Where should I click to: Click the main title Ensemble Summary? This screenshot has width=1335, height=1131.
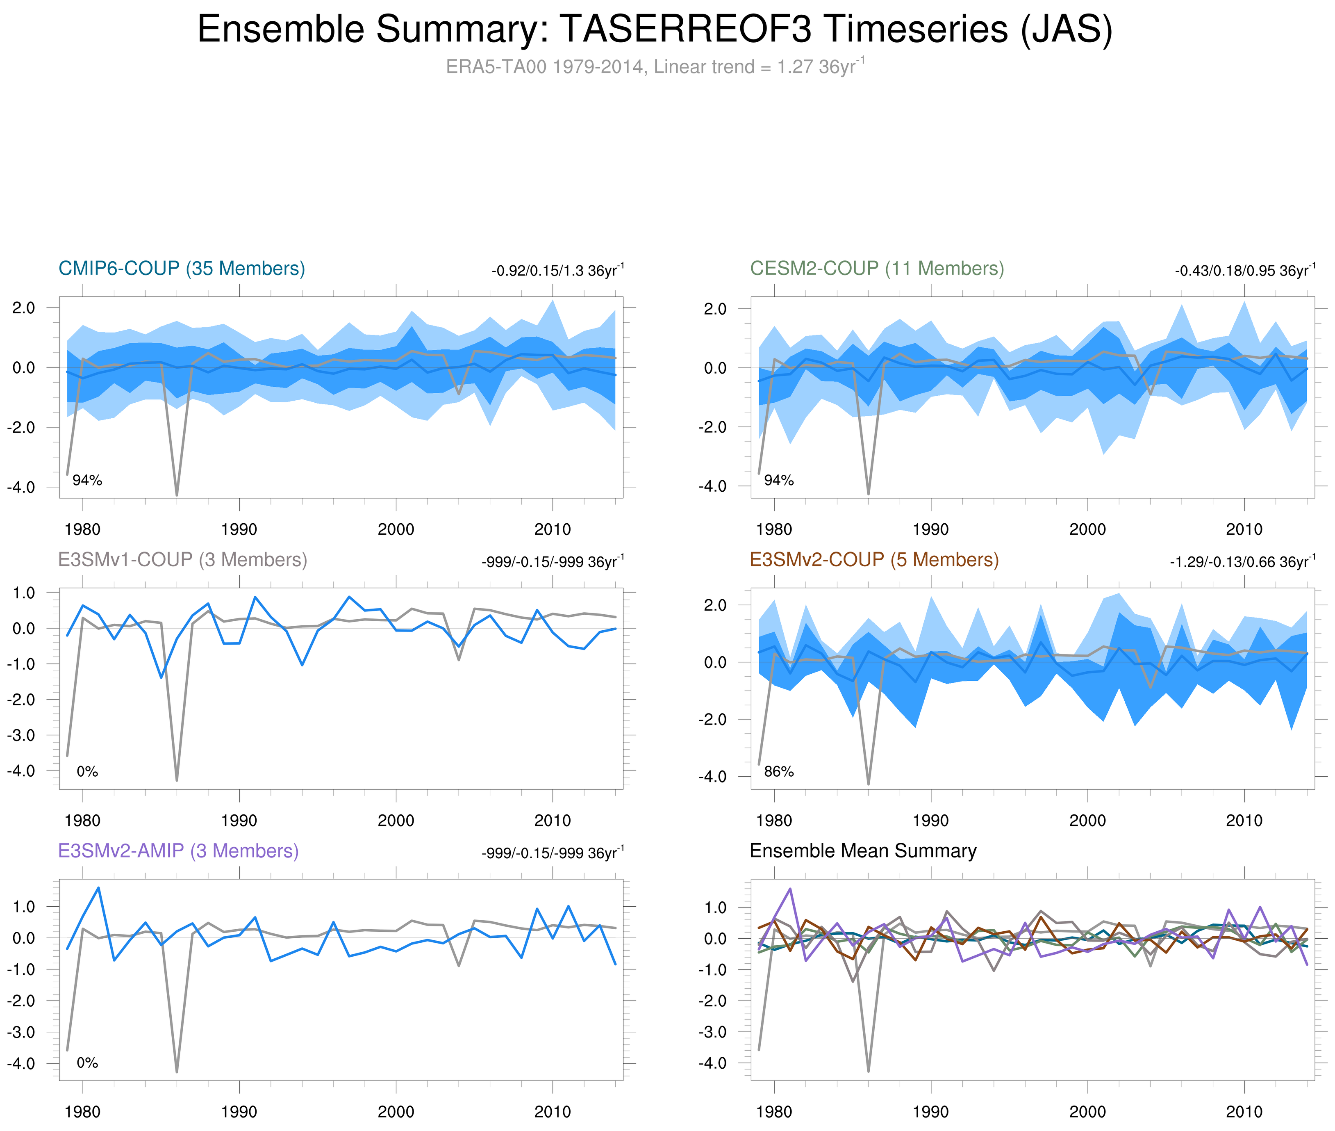click(x=654, y=30)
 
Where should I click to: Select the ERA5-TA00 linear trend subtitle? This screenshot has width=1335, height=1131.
click(x=654, y=67)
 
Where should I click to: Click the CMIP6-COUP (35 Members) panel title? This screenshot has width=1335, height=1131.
click(x=182, y=269)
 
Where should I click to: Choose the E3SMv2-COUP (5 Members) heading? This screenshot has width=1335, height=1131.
click(x=873, y=560)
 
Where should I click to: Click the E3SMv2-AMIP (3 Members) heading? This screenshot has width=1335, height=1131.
click(x=178, y=851)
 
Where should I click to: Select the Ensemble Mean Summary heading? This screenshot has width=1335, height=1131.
click(x=863, y=851)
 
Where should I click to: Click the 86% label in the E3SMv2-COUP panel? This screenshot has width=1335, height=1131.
click(x=779, y=771)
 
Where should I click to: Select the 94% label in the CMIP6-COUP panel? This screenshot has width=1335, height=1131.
click(x=87, y=480)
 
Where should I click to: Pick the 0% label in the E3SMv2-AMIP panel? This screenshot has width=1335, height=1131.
click(x=87, y=1063)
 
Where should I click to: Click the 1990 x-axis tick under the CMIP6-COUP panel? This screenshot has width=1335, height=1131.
click(x=239, y=529)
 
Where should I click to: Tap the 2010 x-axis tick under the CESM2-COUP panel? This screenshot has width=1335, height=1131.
click(x=1244, y=529)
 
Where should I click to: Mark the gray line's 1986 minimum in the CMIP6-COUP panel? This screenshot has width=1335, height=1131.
click(x=177, y=494)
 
